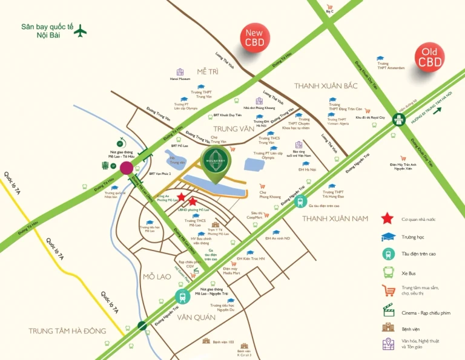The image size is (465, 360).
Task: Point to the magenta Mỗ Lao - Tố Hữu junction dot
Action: [x=127, y=168]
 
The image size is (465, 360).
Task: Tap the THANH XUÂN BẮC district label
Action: [x=326, y=86]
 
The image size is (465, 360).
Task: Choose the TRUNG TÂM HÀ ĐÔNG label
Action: [x=67, y=330]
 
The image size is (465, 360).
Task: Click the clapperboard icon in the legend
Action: [x=388, y=309]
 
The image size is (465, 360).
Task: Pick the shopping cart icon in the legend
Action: [x=388, y=290]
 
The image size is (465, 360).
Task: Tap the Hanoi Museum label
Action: [x=180, y=79]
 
